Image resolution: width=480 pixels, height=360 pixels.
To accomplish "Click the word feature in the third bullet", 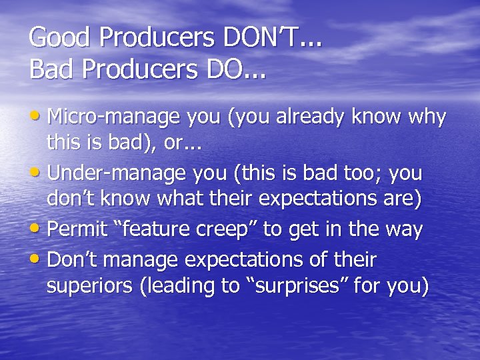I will (155, 230).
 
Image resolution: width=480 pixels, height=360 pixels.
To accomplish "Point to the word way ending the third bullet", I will (403, 230).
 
